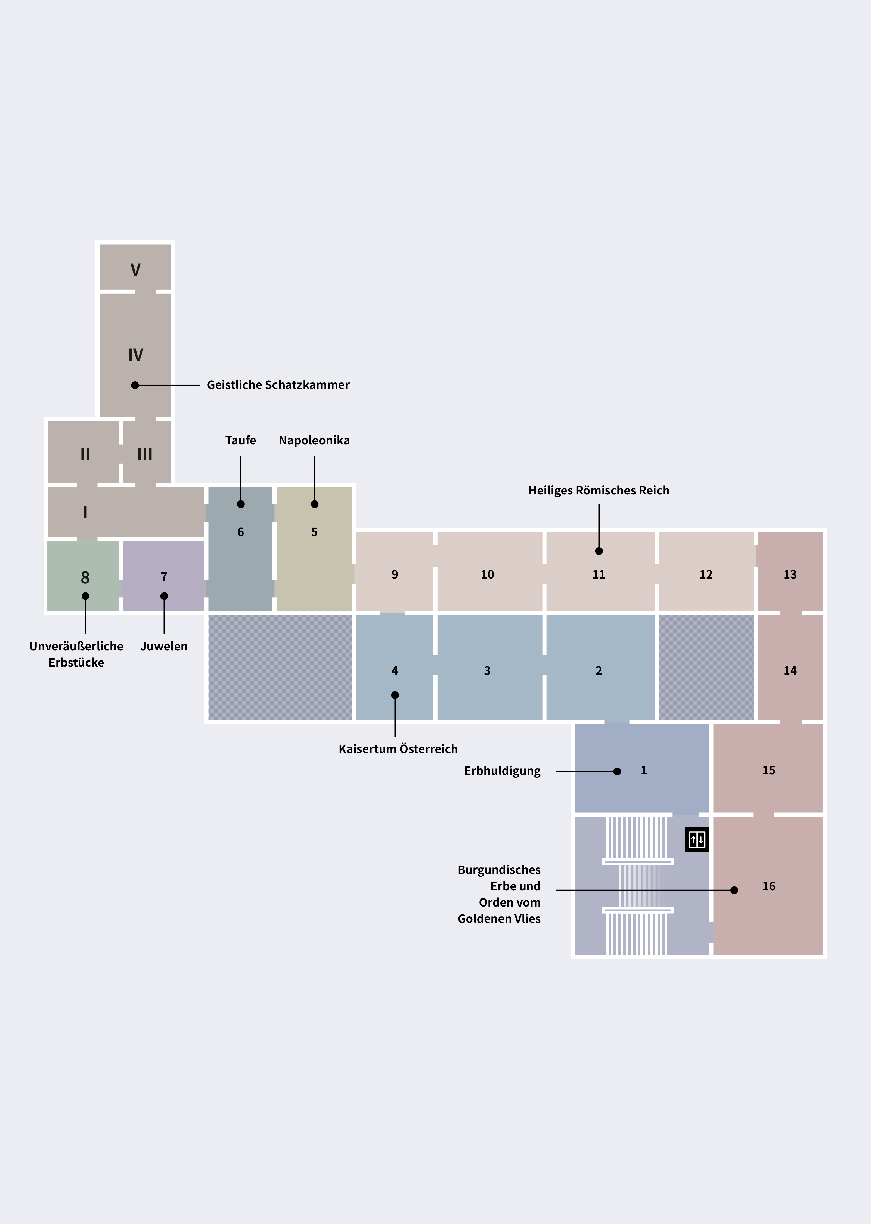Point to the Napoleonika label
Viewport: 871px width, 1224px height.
(314, 440)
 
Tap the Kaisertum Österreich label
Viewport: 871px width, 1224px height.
(398, 749)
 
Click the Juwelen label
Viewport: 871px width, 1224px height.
(164, 646)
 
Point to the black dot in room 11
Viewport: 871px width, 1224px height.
(599, 551)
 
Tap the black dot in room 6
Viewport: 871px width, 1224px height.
(241, 504)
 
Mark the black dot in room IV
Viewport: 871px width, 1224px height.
(135, 385)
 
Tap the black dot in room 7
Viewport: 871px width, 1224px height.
(164, 596)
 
